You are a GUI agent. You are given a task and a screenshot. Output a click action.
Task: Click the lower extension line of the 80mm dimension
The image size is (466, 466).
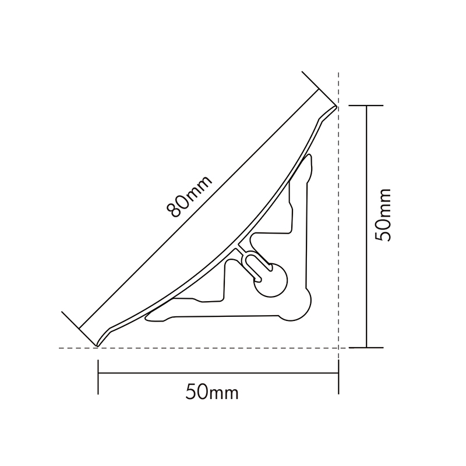79,328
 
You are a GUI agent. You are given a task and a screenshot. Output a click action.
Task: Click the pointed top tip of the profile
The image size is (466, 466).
336,107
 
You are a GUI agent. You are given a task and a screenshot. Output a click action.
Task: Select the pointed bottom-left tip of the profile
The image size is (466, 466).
97,345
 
